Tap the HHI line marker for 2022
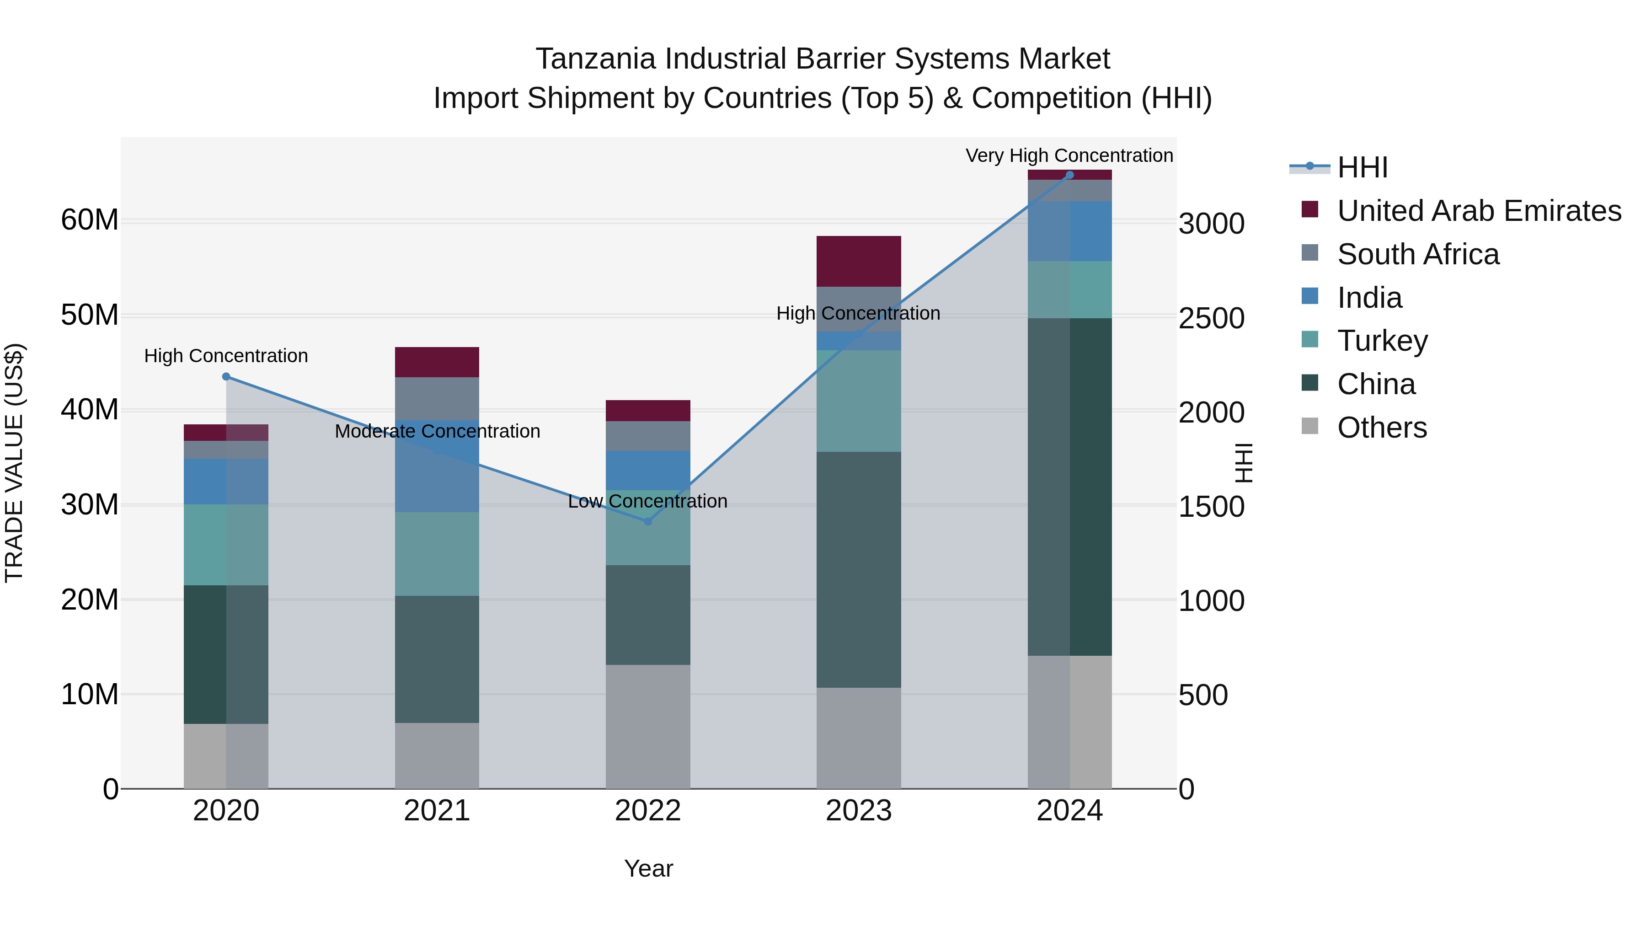(647, 521)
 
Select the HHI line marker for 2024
(1069, 175)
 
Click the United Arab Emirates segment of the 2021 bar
(437, 362)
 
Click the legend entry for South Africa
(1418, 254)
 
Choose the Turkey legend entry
(1382, 341)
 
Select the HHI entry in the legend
(1362, 167)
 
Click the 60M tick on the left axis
(90, 220)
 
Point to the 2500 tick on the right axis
(1211, 318)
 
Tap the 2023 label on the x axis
(858, 811)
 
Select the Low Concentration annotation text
(647, 501)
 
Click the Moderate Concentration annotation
(437, 431)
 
